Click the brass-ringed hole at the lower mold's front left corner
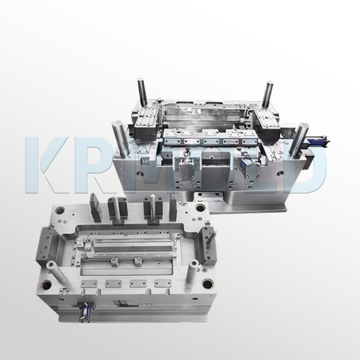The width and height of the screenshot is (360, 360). pyautogui.click(x=47, y=284)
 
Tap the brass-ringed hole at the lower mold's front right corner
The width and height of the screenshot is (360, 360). pyautogui.click(x=207, y=283)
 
